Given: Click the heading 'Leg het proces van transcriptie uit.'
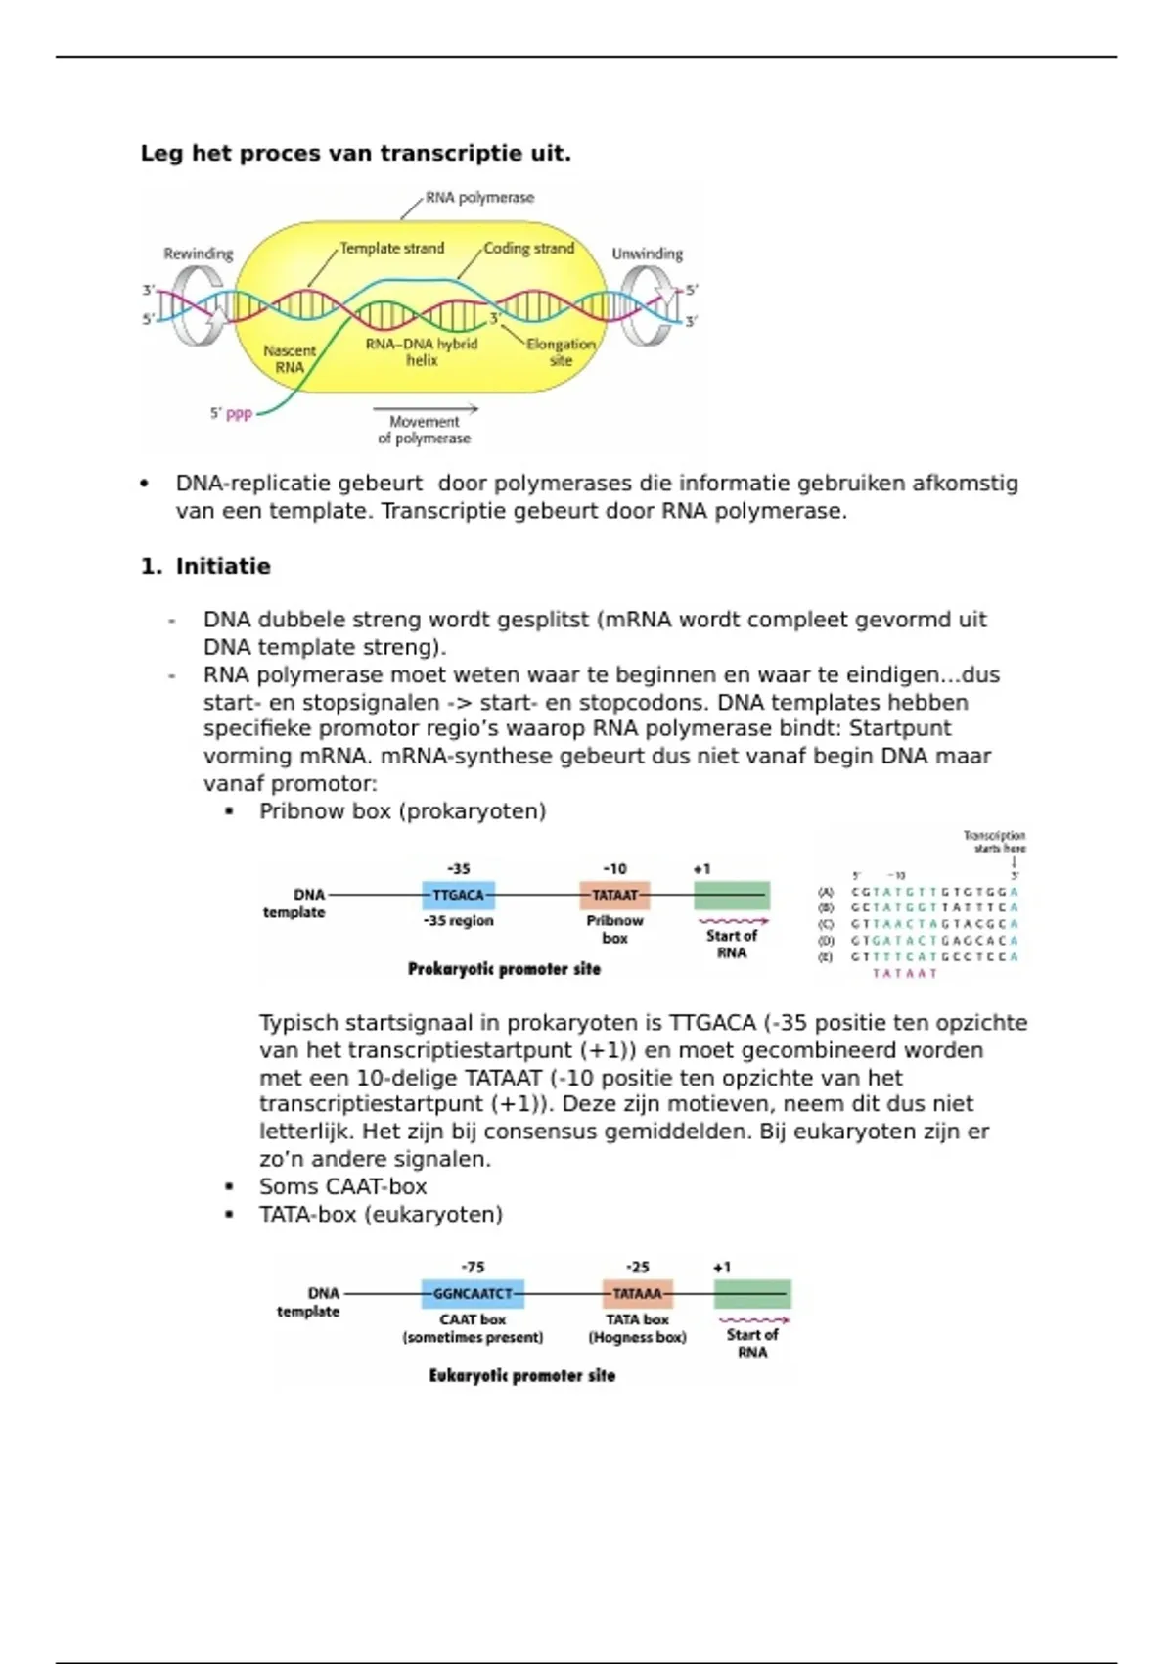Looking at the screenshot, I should [355, 154].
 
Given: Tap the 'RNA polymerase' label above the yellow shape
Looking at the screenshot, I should [479, 198].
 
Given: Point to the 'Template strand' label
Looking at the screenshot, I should [391, 249].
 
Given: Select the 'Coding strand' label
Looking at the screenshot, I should [528, 249].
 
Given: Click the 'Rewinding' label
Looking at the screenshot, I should [199, 254].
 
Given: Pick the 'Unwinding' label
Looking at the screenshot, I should [647, 254].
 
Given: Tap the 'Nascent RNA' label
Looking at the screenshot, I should [290, 359].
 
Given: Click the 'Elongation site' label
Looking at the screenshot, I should [561, 352].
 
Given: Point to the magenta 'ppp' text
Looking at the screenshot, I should [239, 414].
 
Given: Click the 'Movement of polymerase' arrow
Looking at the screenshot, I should [426, 408].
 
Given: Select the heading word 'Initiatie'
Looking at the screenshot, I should [223, 567].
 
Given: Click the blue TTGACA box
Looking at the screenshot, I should [458, 895].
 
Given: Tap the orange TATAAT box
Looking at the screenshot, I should [614, 895].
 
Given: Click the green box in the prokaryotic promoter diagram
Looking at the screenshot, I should [732, 895].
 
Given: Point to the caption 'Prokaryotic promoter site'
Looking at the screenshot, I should [504, 969].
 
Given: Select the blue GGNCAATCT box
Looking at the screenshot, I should [473, 1293].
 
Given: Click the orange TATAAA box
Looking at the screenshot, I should [637, 1293].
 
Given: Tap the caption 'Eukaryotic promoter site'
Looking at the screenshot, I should [522, 1376].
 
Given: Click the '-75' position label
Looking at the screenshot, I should [473, 1267].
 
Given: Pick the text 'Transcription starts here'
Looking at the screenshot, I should [994, 842].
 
